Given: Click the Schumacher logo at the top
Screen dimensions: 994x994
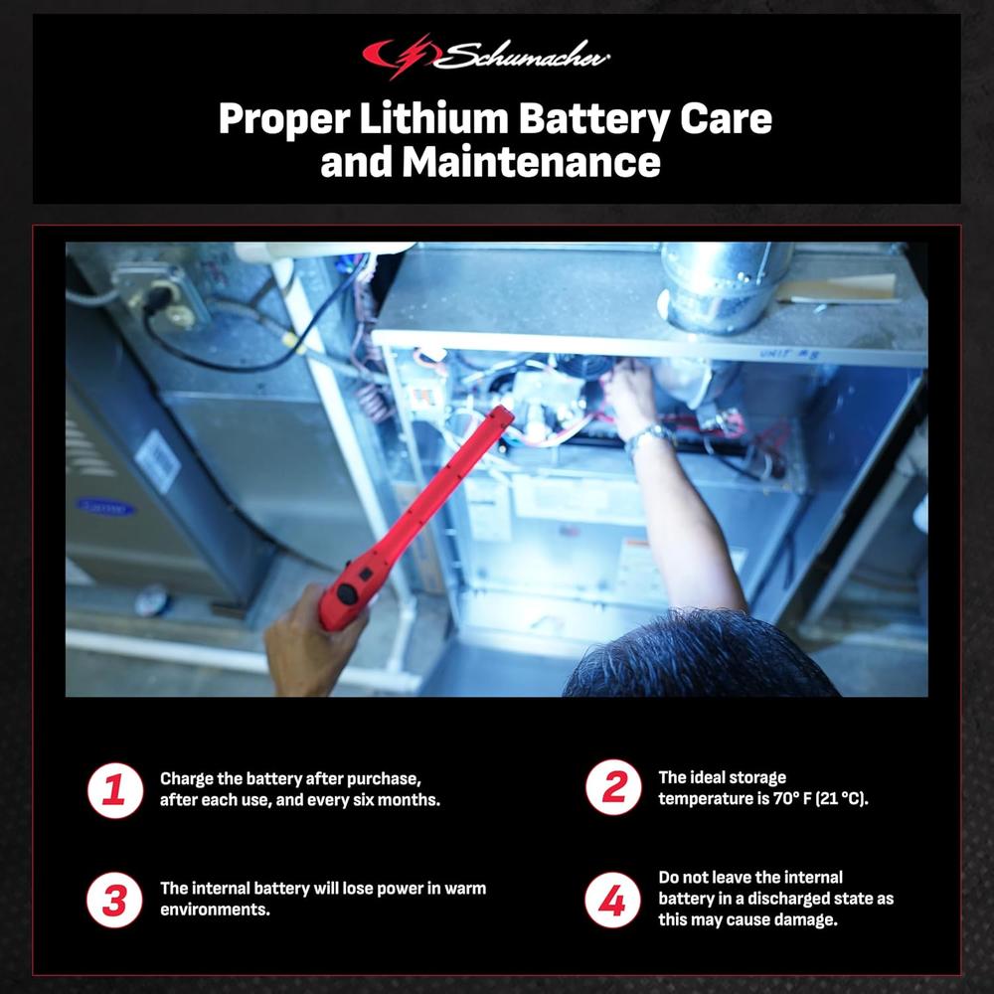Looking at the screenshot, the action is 486,56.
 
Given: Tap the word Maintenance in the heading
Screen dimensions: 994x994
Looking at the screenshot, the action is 531,162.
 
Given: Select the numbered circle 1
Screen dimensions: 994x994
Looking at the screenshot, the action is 114,790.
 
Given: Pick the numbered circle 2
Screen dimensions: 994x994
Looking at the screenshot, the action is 613,787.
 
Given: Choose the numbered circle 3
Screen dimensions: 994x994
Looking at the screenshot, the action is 114,901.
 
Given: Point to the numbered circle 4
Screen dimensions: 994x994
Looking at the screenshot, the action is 612,901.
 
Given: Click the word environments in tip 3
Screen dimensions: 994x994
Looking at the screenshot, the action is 215,910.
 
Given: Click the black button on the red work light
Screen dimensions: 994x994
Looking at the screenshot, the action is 346,594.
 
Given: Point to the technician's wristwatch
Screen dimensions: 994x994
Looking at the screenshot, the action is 648,437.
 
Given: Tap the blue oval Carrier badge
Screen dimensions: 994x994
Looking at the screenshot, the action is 105,507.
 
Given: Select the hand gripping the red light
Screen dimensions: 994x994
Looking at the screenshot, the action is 310,641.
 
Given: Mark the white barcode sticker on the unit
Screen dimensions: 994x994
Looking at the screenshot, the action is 158,461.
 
